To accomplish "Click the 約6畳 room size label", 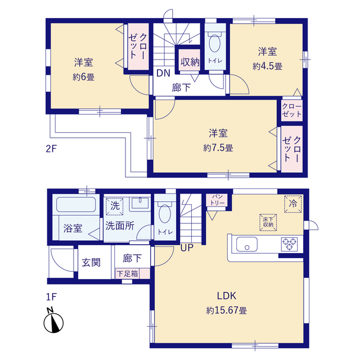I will point(83,78).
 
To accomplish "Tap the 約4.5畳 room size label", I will point(267,66).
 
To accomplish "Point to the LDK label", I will point(227,296).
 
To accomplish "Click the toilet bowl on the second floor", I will point(214,43).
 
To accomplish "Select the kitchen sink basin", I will point(247,245).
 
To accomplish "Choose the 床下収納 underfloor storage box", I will point(267,222).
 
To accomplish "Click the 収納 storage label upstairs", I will point(190,62).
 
